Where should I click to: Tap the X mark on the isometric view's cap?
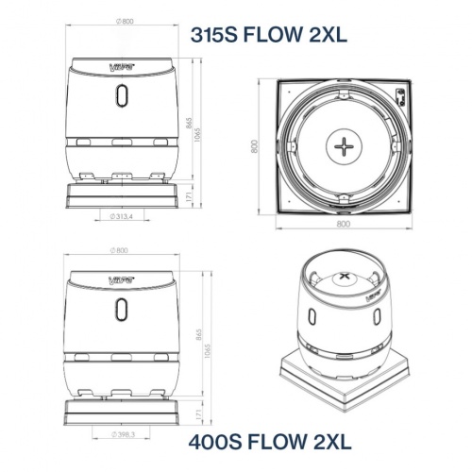(x=343, y=278)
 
